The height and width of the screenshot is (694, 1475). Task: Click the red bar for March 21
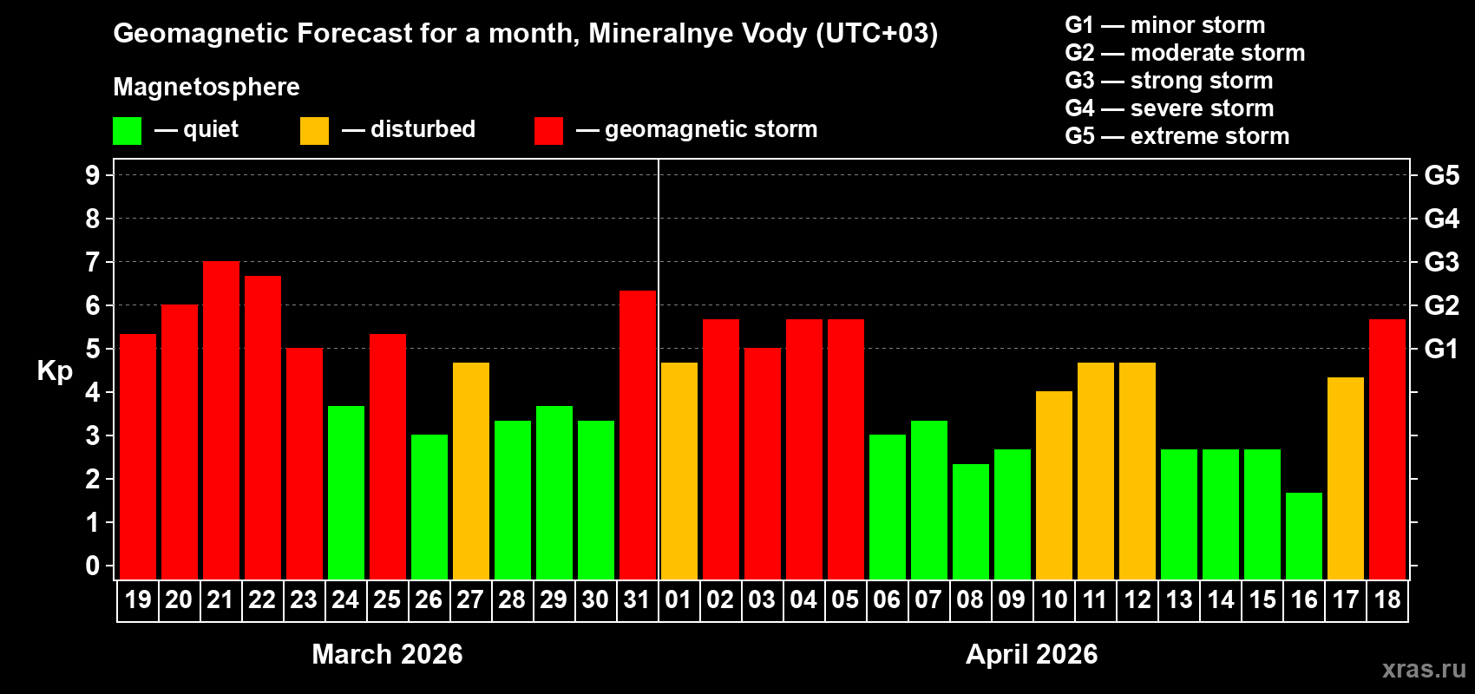221,420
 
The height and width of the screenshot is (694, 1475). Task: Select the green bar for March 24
346,492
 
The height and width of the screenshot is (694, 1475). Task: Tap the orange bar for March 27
471,470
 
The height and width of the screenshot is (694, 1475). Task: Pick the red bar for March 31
638,435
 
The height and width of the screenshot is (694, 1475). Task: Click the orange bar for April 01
679,470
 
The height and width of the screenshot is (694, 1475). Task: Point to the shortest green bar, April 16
1304,535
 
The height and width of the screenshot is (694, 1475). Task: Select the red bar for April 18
1387,448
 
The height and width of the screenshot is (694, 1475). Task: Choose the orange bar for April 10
1054,485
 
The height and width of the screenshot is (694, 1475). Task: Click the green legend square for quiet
128,131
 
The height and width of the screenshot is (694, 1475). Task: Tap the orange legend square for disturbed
315,131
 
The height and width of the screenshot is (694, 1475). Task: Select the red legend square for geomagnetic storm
548,131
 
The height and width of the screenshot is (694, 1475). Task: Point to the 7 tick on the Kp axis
93,262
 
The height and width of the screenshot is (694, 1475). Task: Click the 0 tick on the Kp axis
93,566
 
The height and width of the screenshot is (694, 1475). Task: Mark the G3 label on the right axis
1441,262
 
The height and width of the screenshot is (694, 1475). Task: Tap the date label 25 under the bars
387,599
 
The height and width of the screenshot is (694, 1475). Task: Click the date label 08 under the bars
970,599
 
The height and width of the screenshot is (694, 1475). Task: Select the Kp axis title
55,371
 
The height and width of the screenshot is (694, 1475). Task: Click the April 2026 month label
1032,654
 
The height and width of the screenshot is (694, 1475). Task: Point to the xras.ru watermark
1424,669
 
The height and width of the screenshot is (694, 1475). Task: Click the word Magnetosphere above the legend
206,87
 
